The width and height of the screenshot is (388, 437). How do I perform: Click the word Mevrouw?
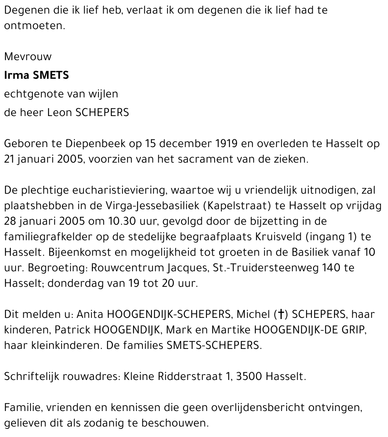(28, 57)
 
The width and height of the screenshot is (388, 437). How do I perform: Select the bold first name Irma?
(16, 75)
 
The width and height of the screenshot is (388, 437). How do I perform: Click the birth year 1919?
(226, 144)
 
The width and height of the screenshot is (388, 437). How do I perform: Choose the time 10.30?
(118, 222)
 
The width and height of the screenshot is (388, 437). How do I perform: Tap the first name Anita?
(90, 314)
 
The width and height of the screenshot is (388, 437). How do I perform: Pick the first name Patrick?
(70, 330)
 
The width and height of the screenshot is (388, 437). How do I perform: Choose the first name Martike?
(229, 330)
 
